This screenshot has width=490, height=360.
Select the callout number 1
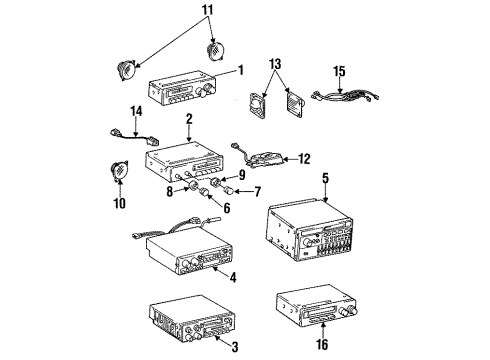(x=240, y=70)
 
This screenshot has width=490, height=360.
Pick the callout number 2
(x=188, y=118)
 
